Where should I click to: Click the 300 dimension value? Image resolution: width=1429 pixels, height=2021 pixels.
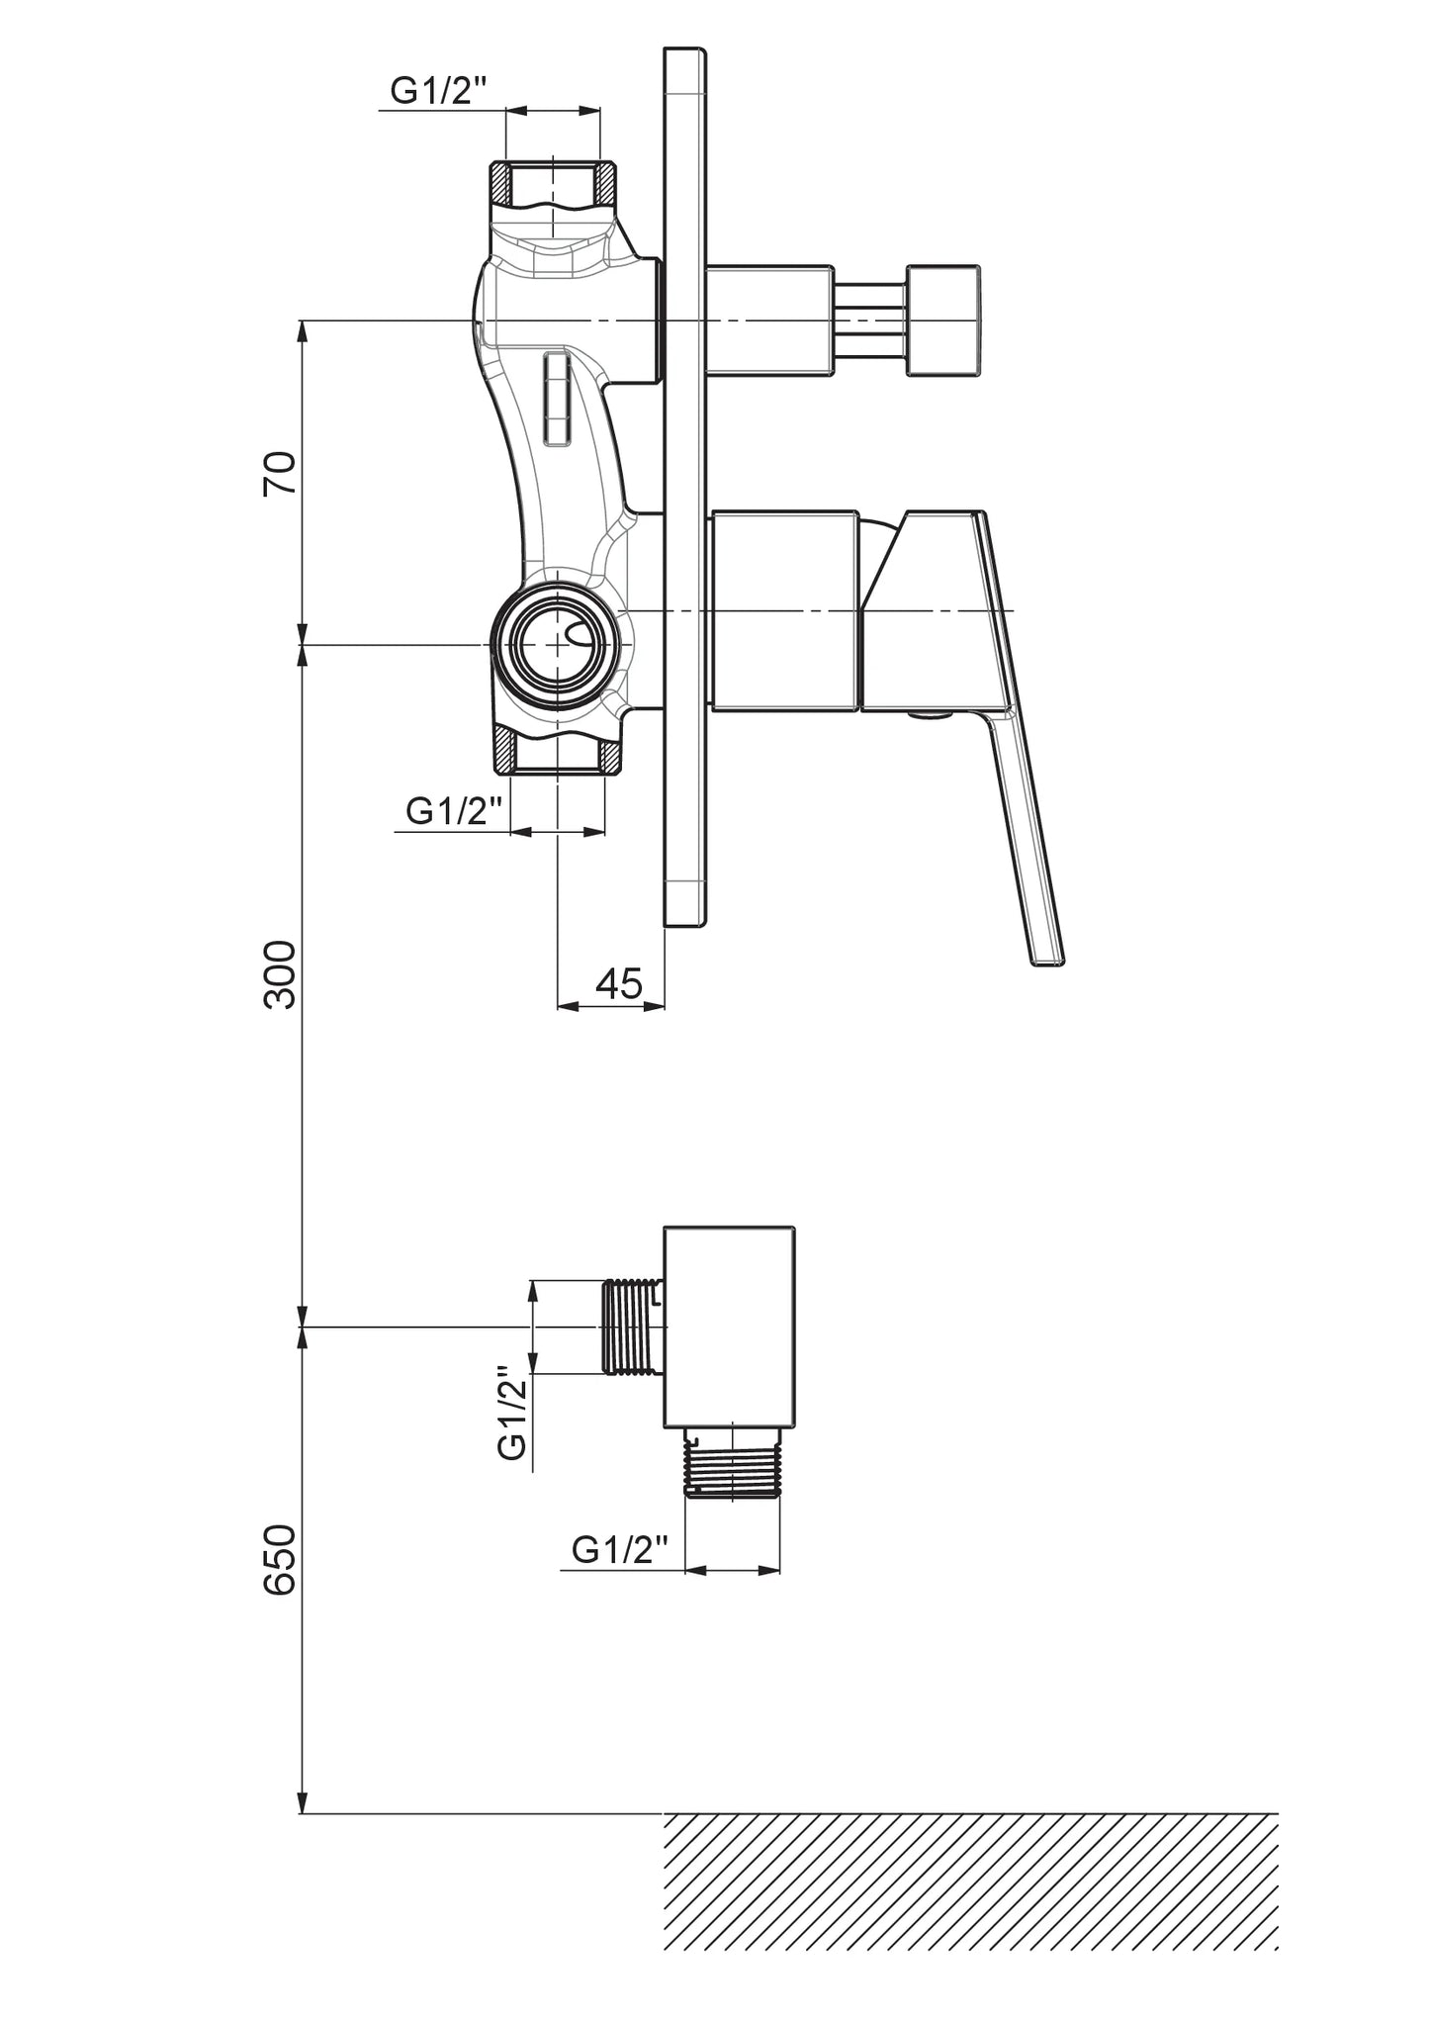coord(280,973)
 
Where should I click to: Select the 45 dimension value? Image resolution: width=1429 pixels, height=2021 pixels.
coord(619,983)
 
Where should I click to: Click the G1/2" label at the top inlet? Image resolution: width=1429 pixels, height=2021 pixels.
coord(440,92)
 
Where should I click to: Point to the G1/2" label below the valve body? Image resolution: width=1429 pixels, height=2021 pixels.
coord(455,812)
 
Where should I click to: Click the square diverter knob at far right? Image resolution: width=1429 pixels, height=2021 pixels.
coord(943,321)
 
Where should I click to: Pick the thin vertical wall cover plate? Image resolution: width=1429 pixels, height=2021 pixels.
coord(685,488)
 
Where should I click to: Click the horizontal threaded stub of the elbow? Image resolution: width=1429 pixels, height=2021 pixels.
coord(633,1327)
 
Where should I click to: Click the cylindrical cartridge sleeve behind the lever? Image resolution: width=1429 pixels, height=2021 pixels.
coord(783,610)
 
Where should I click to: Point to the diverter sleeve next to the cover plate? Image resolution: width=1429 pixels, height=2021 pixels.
coord(767,321)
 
